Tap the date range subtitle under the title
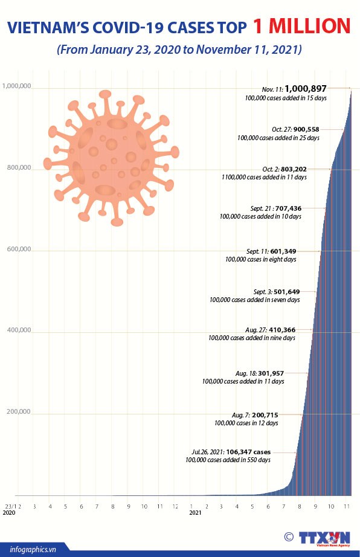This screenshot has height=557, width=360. [x=179, y=49]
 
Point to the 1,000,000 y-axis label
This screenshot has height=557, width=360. [x=17, y=86]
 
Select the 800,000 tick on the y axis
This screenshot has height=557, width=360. [x=19, y=168]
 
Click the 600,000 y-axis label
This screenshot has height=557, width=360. [x=19, y=249]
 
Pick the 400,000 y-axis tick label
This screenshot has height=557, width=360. [x=19, y=330]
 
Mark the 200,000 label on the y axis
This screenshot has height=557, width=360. [x=19, y=412]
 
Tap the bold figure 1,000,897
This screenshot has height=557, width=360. [x=305, y=89]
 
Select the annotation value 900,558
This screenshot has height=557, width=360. [x=306, y=129]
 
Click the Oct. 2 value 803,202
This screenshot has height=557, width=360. [x=294, y=169]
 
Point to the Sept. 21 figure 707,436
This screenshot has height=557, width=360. [x=288, y=208]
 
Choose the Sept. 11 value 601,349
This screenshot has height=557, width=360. [x=283, y=251]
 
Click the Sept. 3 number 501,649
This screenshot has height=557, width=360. [x=286, y=292]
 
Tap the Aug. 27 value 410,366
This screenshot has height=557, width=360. [x=282, y=330]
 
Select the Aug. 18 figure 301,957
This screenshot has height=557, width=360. [x=271, y=373]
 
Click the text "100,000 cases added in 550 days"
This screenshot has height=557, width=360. [x=228, y=460]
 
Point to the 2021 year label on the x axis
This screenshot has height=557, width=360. [x=195, y=512]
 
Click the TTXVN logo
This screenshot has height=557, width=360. [x=324, y=538]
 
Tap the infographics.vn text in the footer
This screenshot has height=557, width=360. [x=33, y=549]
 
